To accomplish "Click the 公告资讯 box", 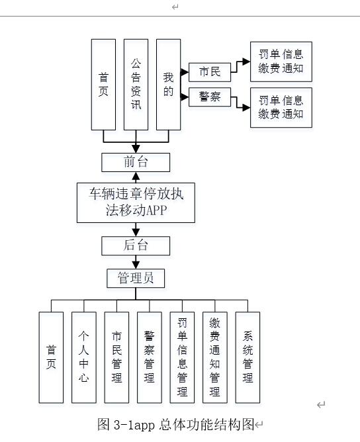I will click(136, 84).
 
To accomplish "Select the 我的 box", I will click(168, 84).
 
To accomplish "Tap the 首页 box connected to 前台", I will click(103, 84).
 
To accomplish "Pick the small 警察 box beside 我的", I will click(209, 97).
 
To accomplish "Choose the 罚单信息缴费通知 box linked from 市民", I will click(281, 62).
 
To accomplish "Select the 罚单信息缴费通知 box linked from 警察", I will click(281, 107).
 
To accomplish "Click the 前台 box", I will click(136, 162).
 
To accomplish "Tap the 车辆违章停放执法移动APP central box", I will click(136, 202).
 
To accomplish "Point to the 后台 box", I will click(136, 245).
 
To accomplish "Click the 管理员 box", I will click(136, 278).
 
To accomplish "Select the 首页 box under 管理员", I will click(51, 357).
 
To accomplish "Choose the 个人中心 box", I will click(84, 357).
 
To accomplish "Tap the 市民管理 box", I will click(116, 357).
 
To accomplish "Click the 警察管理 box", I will click(150, 357).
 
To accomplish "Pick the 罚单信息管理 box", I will click(182, 357).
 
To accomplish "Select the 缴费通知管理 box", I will click(214, 357).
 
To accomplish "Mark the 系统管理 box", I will click(247, 357).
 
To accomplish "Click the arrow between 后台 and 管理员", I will click(136, 262).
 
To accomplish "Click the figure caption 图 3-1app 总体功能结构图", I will click(175, 425).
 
